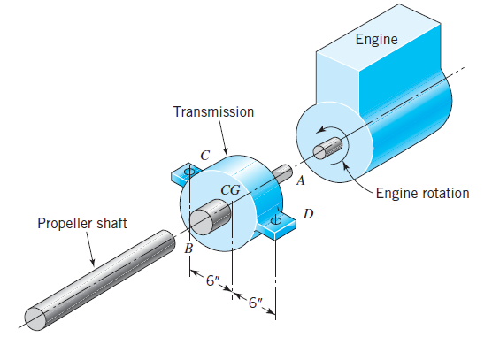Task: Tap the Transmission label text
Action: coord(213,112)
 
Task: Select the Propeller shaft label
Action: coord(81,224)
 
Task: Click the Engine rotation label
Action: coord(422,193)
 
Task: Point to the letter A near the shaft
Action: coord(300,181)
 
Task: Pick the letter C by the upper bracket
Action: coord(204,155)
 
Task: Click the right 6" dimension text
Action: coord(257,303)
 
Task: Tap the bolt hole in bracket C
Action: coord(188,173)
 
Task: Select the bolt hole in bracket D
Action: coord(276,219)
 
